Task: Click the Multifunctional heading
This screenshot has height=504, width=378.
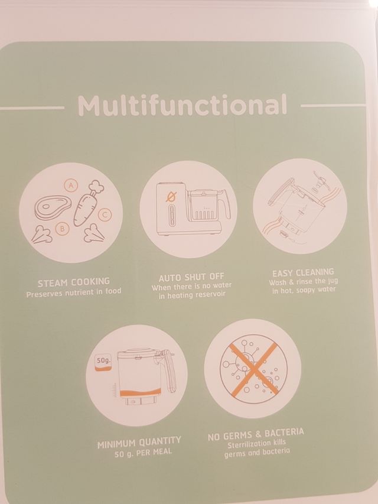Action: (182, 105)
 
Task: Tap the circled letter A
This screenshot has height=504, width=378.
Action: (71, 185)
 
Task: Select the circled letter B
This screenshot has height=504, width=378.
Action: (62, 228)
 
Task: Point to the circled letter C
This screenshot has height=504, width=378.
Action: (105, 214)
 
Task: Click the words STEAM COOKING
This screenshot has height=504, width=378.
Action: (74, 282)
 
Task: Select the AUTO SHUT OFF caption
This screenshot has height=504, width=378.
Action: (191, 277)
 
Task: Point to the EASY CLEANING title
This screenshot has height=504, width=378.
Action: (303, 273)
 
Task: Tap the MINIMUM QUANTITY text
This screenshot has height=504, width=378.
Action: (139, 442)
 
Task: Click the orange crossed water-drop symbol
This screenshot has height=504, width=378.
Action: (171, 196)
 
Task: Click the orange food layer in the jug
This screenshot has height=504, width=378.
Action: (141, 392)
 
